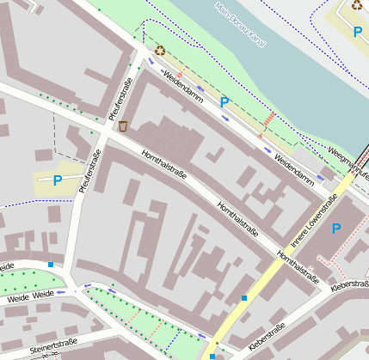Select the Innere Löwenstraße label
pos(312,222)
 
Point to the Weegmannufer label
pos(348,162)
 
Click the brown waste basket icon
pos(123,126)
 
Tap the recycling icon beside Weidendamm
pos(159,52)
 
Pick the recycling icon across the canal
pos(357,6)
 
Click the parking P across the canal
pos(357,33)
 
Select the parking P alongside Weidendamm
pos(224,102)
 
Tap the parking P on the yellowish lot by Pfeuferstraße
pos(58,180)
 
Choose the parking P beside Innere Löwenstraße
pos(336,229)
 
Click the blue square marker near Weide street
pos(51,265)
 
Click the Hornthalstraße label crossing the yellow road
pos(298,268)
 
